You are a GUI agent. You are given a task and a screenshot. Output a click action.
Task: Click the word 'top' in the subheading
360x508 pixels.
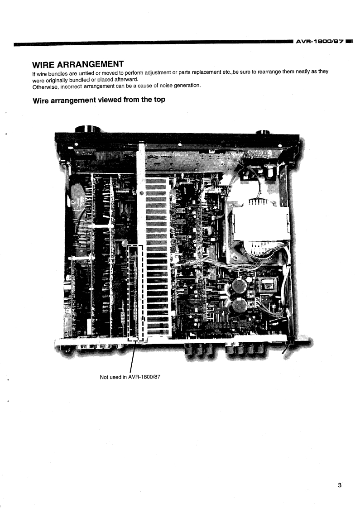point(156,100)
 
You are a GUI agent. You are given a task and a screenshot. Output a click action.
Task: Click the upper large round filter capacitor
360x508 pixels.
point(239,285)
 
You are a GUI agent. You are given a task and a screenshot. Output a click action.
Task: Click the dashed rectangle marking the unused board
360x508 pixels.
point(135,292)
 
